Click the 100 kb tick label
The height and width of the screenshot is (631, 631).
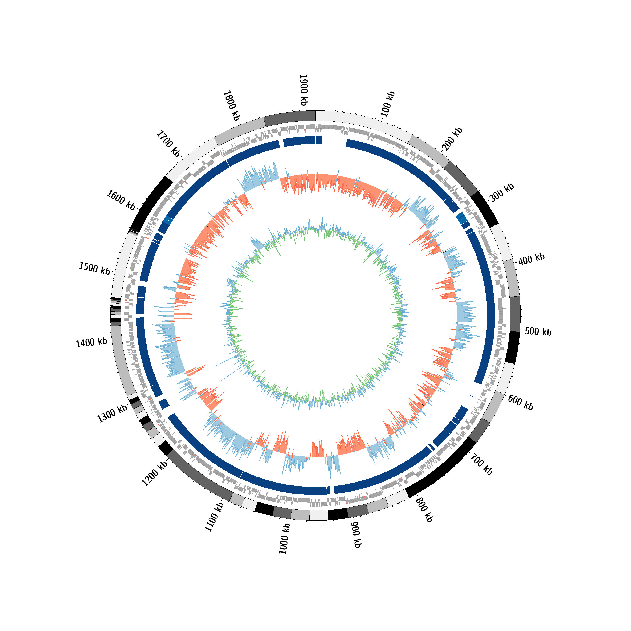(x=388, y=104)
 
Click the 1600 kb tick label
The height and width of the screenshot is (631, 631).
(x=121, y=200)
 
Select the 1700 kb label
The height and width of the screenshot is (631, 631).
(x=168, y=144)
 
